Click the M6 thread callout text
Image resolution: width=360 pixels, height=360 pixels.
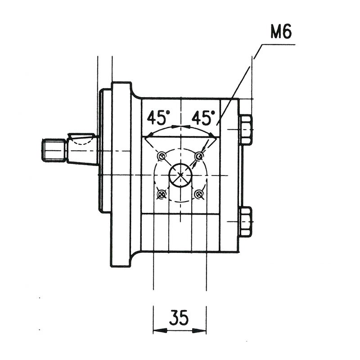281,31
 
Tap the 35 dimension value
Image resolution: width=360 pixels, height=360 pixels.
179,318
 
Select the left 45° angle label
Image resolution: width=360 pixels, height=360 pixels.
158,117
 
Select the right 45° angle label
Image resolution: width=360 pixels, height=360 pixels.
203,117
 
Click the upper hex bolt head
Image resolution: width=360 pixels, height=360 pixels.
246,130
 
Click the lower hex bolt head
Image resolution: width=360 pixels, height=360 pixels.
246,222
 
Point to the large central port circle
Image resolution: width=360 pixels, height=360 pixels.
180,175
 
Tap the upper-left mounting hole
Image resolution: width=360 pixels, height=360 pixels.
162,156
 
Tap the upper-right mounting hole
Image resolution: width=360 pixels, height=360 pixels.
199,156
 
